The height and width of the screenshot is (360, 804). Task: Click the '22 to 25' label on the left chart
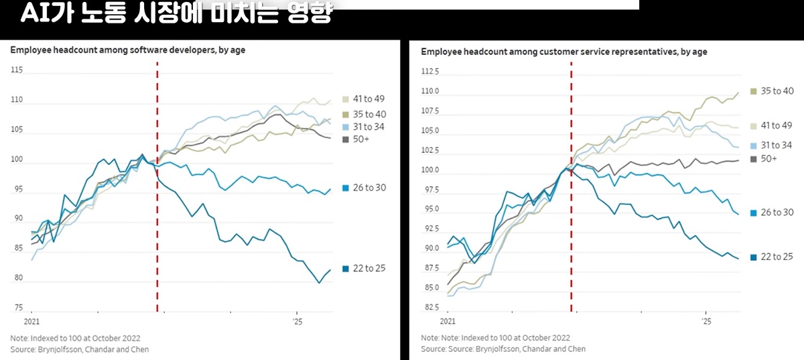369,269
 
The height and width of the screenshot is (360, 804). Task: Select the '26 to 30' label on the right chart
777,213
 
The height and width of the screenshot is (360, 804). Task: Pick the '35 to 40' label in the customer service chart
777,91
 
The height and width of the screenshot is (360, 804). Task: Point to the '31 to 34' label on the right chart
777,145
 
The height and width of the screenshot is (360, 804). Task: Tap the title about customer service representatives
564,52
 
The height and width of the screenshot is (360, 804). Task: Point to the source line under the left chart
80,349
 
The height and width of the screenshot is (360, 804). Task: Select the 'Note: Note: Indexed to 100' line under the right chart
496,338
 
